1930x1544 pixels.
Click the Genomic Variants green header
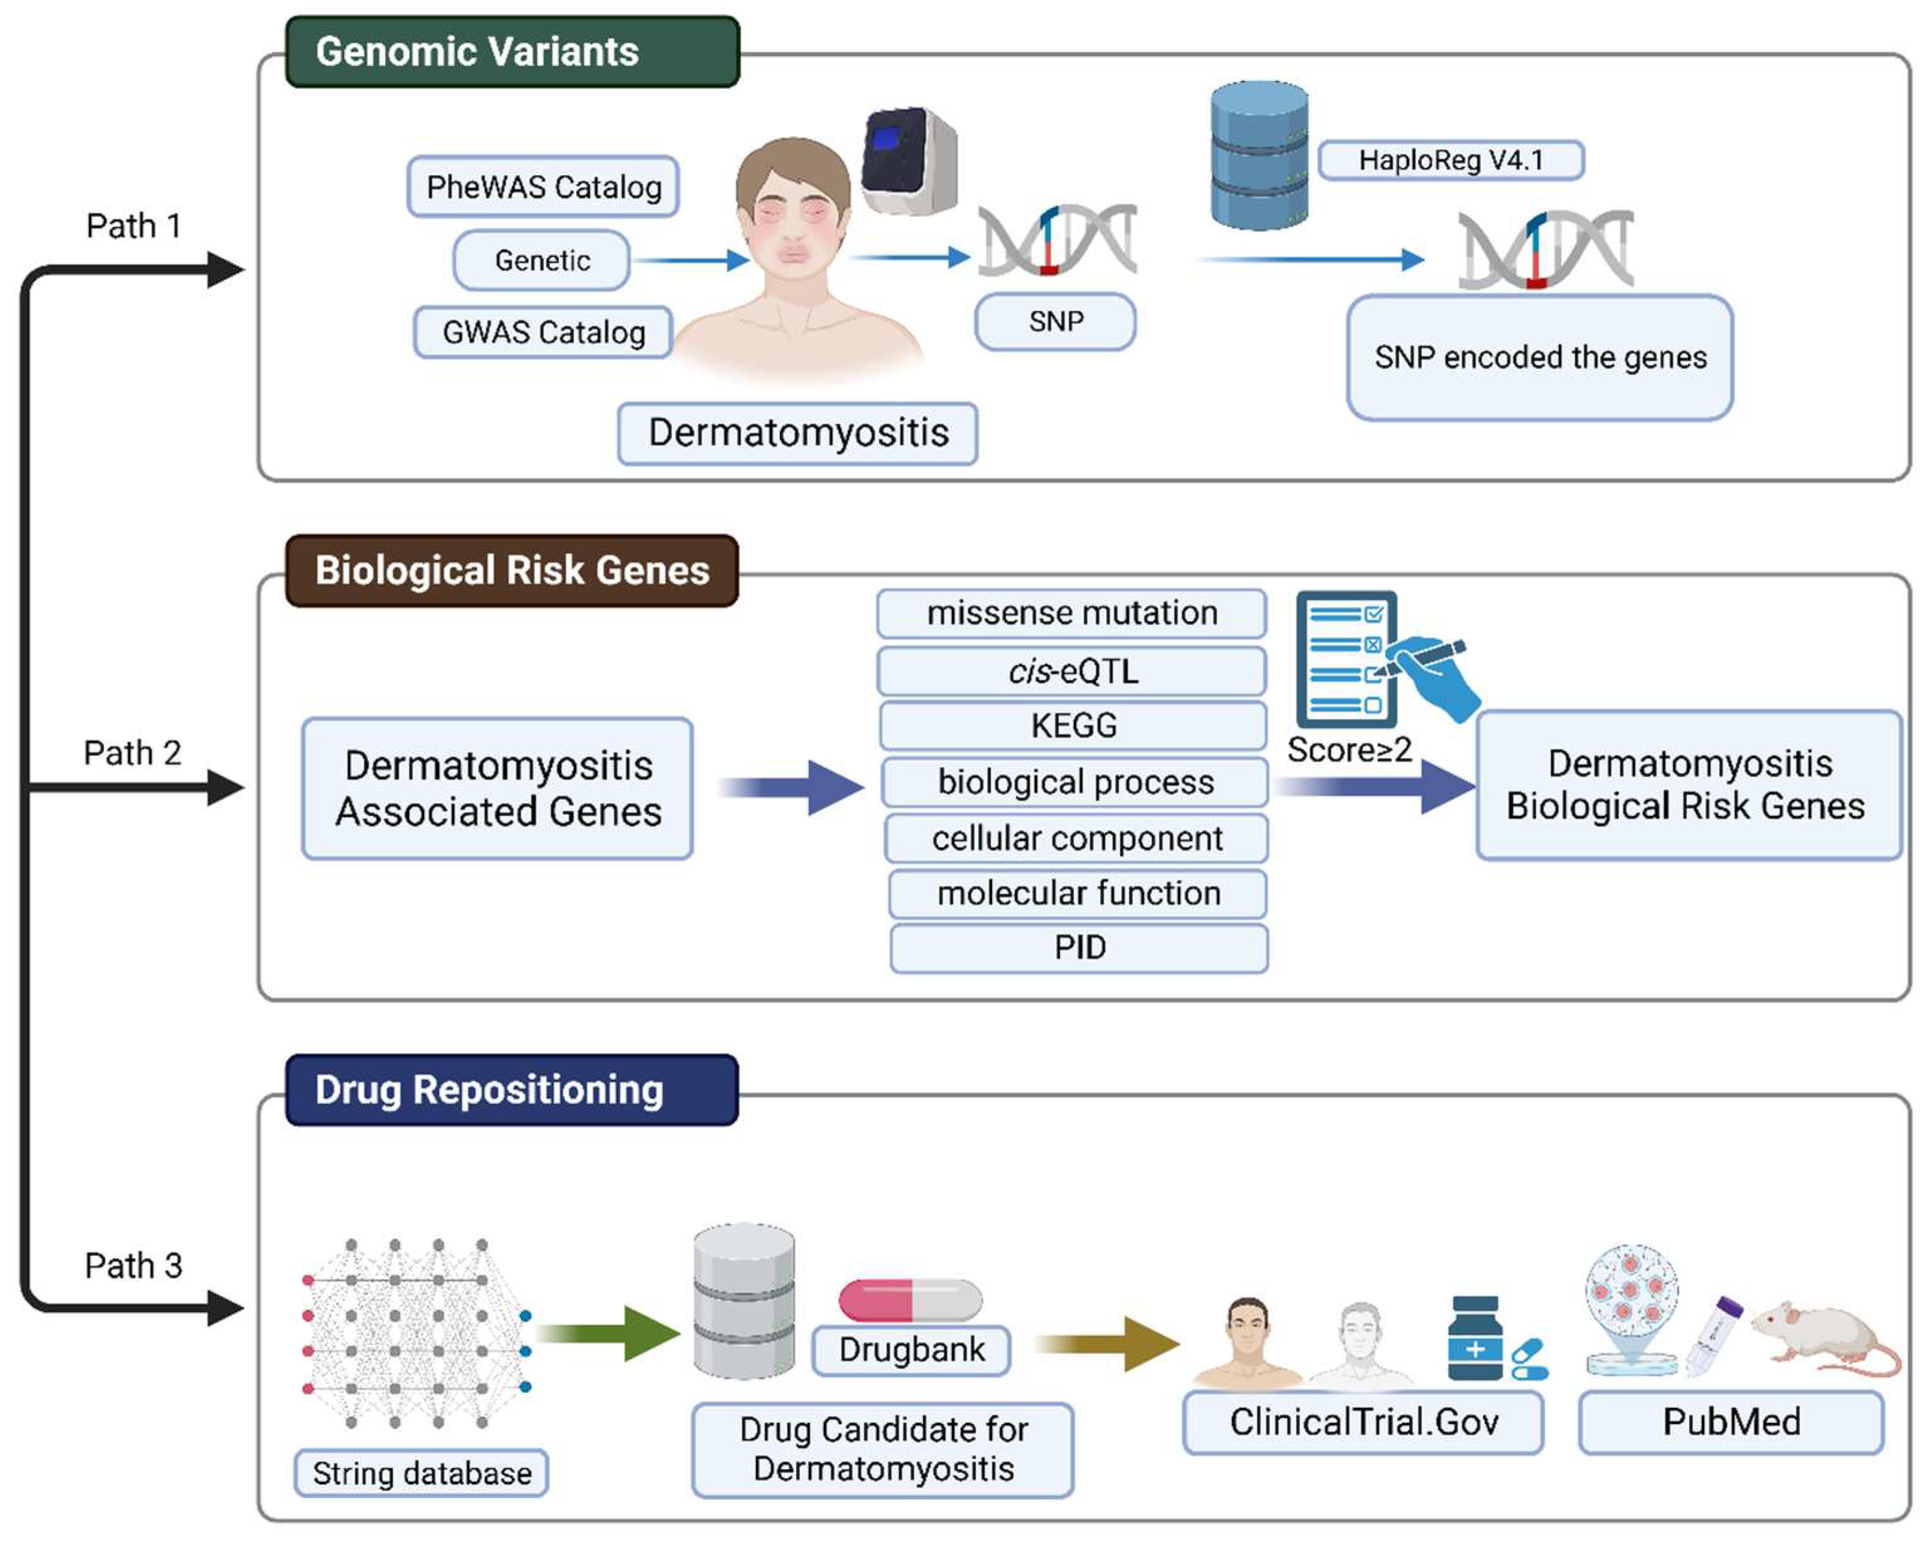click(x=512, y=52)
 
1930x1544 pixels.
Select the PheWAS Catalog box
click(x=543, y=187)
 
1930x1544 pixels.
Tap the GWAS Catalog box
click(x=543, y=332)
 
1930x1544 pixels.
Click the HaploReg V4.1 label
click(x=1450, y=160)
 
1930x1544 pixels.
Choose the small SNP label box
click(x=1054, y=321)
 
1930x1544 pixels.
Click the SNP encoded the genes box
click(x=1540, y=357)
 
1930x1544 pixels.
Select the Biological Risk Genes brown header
click(x=512, y=571)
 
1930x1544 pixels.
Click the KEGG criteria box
click(x=1073, y=725)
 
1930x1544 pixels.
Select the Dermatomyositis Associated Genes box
click(x=497, y=789)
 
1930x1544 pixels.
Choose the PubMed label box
click(x=1730, y=1422)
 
